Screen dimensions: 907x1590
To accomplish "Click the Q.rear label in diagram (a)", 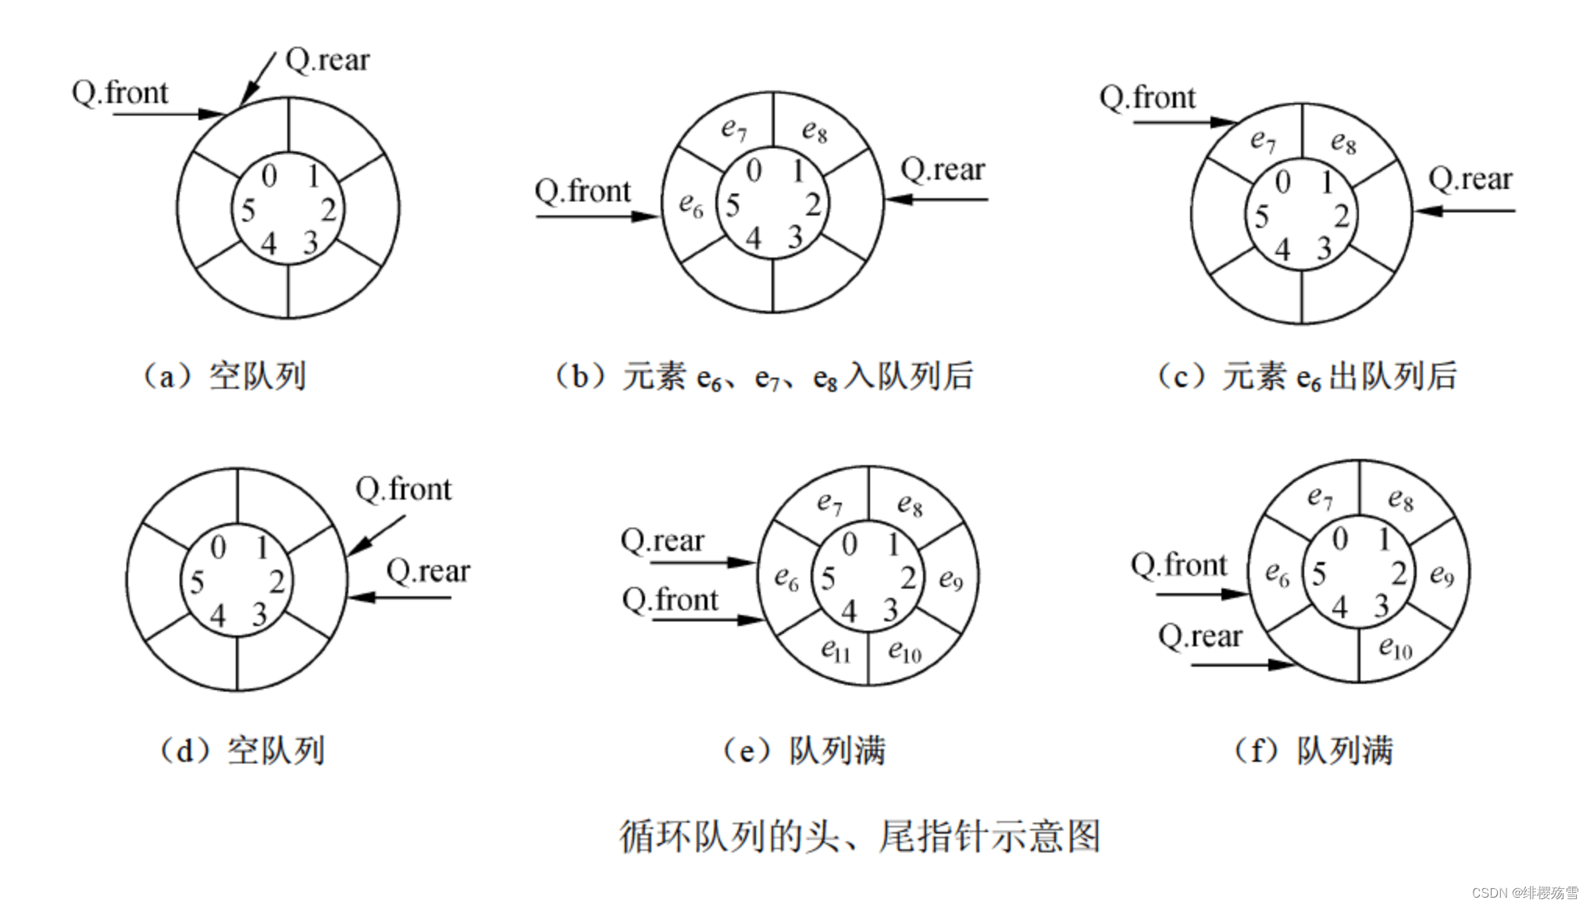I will (x=327, y=60).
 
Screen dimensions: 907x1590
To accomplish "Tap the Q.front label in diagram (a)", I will (x=119, y=93).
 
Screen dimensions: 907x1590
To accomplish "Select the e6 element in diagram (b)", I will (x=691, y=205).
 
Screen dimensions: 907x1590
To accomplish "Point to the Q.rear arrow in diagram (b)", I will (x=937, y=200).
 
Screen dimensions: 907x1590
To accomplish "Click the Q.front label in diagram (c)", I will (x=1147, y=98).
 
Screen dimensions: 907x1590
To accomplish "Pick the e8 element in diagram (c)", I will (x=1343, y=142).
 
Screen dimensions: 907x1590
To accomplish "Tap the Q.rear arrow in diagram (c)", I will (x=1465, y=211).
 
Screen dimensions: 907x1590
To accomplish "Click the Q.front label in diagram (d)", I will (x=403, y=489).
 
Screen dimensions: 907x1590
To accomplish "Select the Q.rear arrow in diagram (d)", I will (x=400, y=598).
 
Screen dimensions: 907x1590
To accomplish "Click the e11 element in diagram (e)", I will (x=836, y=649).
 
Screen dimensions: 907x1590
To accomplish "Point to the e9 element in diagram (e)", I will (x=950, y=579).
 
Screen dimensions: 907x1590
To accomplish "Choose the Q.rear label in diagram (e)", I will (x=662, y=540).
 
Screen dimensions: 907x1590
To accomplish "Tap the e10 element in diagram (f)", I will (x=1396, y=647).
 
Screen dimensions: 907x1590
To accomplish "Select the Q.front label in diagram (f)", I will (x=1178, y=564).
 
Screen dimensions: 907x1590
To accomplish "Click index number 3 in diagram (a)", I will (x=310, y=243).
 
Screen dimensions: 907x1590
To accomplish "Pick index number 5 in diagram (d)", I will (x=197, y=582).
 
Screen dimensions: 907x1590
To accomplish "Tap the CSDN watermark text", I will (x=1524, y=893).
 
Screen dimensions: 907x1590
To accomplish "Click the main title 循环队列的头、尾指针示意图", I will (x=860, y=837).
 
